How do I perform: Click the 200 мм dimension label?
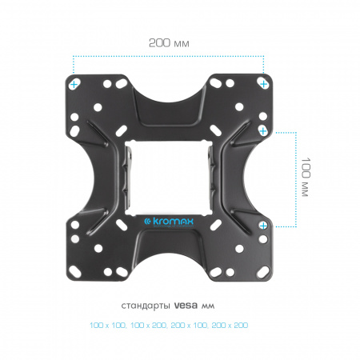169,43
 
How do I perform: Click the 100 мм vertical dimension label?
306,177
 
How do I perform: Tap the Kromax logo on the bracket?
169,222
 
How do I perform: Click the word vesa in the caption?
186,306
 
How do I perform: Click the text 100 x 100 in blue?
108,326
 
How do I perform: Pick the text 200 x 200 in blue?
230,326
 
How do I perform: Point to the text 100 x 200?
149,326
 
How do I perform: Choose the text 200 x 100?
189,326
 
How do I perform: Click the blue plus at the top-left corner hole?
74,85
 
